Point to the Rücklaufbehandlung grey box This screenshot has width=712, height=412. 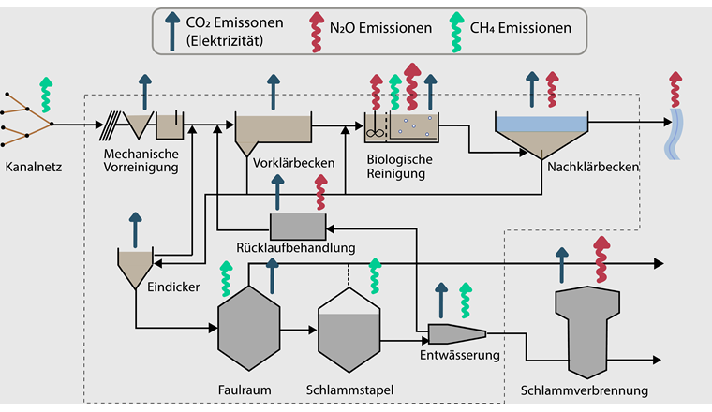(297, 226)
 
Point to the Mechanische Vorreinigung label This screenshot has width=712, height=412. (142, 160)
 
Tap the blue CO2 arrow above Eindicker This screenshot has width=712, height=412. (135, 228)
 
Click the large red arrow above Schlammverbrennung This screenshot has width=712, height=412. (601, 257)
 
